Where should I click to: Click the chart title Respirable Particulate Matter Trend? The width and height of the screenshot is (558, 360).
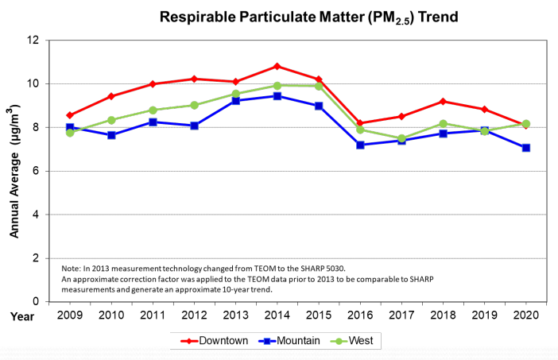[309, 17]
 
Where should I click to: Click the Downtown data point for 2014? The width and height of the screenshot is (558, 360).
[277, 66]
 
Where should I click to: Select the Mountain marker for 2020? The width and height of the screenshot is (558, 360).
[525, 148]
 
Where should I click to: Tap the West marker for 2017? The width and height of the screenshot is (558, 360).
[401, 138]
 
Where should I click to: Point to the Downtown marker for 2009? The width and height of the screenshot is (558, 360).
[70, 115]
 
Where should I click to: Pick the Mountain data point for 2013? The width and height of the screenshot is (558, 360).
[235, 101]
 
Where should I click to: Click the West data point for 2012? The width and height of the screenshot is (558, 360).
[194, 105]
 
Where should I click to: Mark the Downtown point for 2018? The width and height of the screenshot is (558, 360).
[443, 101]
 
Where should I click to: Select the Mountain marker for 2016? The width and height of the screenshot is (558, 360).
[360, 145]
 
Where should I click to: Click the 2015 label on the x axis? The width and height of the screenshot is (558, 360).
[318, 315]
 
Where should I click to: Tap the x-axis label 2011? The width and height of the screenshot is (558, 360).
[153, 315]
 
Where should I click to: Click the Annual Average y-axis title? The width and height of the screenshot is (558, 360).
[14, 171]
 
